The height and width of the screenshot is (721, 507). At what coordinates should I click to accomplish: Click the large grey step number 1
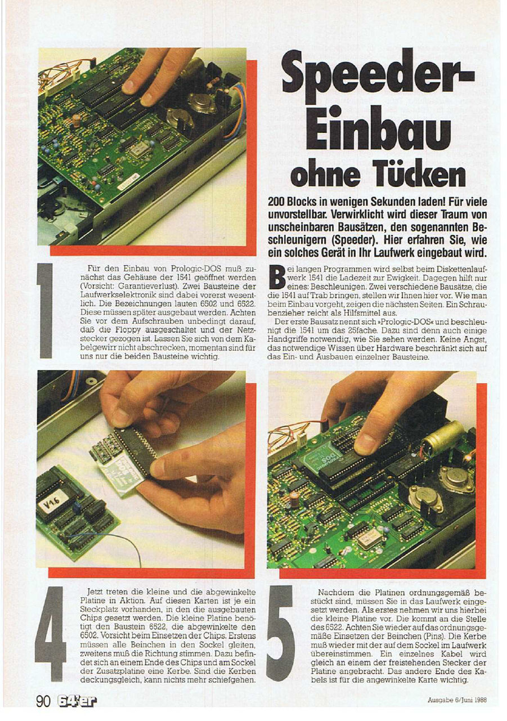pos(46,311)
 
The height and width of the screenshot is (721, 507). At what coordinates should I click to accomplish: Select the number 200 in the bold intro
pos(277,202)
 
